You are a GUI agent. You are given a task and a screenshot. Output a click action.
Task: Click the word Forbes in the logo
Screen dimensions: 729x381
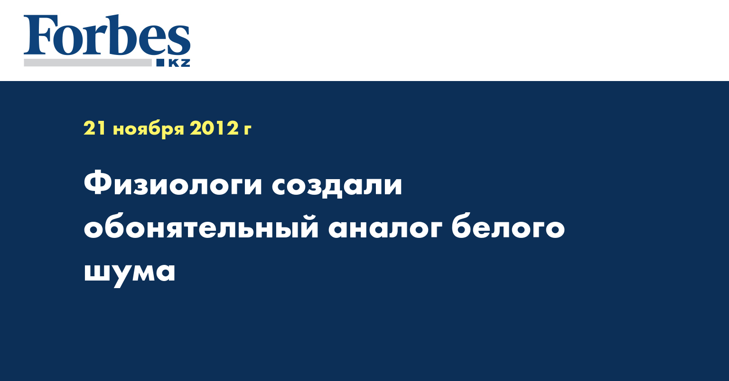point(107,35)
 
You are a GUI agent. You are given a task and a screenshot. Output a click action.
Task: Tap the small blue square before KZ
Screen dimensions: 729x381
point(160,63)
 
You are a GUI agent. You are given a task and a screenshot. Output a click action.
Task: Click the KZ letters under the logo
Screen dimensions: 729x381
point(179,63)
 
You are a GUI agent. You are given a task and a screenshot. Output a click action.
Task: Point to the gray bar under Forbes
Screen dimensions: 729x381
point(87,63)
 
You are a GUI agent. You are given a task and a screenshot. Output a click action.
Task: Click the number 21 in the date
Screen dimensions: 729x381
point(95,128)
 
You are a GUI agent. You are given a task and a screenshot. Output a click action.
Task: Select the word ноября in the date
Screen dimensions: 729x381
point(149,129)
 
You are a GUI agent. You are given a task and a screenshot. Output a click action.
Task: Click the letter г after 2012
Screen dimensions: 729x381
point(247,130)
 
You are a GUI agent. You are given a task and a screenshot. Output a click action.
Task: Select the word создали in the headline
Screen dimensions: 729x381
point(337,186)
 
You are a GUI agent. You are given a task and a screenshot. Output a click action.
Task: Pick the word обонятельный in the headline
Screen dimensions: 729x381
point(201,226)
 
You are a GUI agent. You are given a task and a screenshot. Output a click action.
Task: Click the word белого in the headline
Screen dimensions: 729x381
point(508,226)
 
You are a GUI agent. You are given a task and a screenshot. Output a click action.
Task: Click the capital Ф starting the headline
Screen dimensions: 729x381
point(99,184)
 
